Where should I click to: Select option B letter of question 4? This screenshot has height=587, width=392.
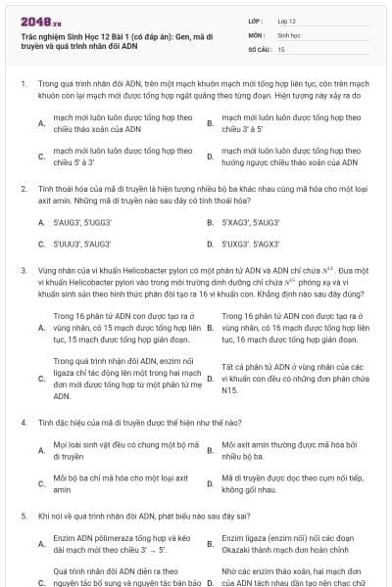tap(210, 450)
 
